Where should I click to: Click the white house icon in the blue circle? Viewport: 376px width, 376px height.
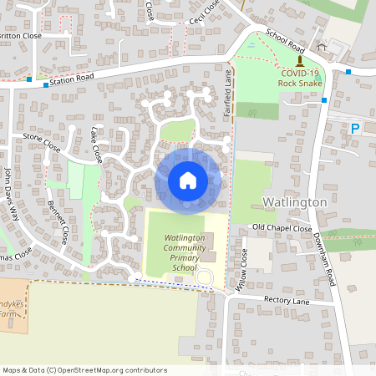coord(188,180)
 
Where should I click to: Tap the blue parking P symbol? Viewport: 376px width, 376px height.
coord(355,129)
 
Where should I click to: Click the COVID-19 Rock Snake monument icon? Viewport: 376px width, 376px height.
coord(299,61)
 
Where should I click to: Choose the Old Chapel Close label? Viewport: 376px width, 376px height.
coord(282,228)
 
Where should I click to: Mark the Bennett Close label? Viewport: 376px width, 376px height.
coord(58,221)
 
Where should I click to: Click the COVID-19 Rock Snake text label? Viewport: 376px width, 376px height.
coord(298,79)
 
